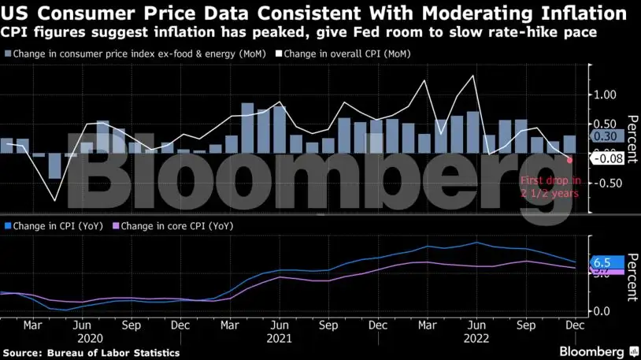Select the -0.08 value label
point(609,159)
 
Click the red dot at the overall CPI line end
point(569,159)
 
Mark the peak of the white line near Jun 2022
point(473,76)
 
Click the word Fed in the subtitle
point(389,32)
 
